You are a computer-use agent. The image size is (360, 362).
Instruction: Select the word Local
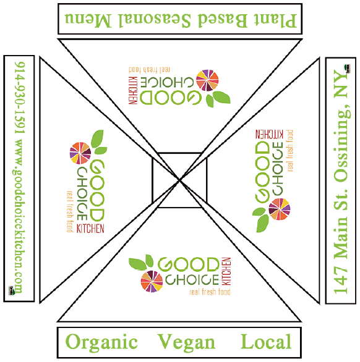[266, 341]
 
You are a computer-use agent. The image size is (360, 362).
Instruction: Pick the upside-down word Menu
[88, 20]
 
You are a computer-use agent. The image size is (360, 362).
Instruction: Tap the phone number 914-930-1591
[19, 98]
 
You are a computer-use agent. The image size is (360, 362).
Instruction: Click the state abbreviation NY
[341, 85]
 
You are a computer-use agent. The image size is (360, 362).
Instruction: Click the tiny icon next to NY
[347, 69]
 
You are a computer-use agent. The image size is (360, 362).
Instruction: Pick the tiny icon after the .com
[12, 290]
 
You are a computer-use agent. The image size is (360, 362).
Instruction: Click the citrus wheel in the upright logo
[152, 281]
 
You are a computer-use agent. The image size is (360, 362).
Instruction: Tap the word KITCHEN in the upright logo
[226, 271]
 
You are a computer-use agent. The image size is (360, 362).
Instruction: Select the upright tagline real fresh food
[210, 292]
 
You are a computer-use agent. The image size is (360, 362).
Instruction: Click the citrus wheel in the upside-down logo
[207, 80]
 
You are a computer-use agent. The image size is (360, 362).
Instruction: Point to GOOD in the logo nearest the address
[262, 172]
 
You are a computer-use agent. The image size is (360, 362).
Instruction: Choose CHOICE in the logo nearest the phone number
[82, 194]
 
